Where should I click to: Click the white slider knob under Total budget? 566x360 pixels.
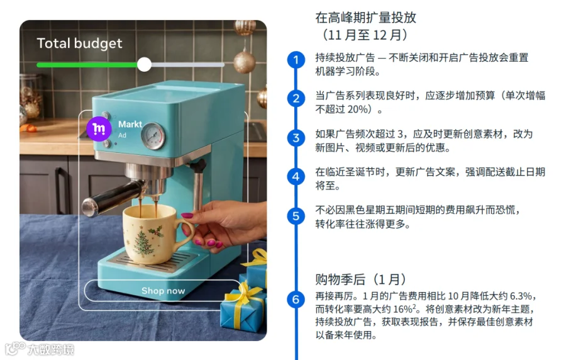[x=145, y=65]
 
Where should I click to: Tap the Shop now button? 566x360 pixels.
[x=163, y=291]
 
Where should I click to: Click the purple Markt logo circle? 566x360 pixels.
[x=99, y=128]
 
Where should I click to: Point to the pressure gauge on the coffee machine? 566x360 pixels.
[x=153, y=136]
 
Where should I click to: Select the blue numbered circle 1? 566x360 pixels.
[x=296, y=60]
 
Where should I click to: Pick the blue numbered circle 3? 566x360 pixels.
[x=296, y=138]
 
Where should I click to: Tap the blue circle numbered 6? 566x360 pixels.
[x=296, y=300]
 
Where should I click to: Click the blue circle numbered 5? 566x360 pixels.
[x=296, y=216]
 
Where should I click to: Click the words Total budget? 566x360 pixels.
[x=79, y=43]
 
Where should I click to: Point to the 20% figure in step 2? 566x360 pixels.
[x=357, y=109]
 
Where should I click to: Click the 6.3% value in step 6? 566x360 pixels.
[x=521, y=296]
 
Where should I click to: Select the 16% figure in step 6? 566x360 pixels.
[x=403, y=310]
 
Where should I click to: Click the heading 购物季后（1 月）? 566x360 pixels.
[x=360, y=279]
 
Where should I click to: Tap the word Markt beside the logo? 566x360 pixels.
[x=130, y=124]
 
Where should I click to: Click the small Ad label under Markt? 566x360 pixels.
[x=123, y=135]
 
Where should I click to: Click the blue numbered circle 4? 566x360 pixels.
[x=296, y=177]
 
